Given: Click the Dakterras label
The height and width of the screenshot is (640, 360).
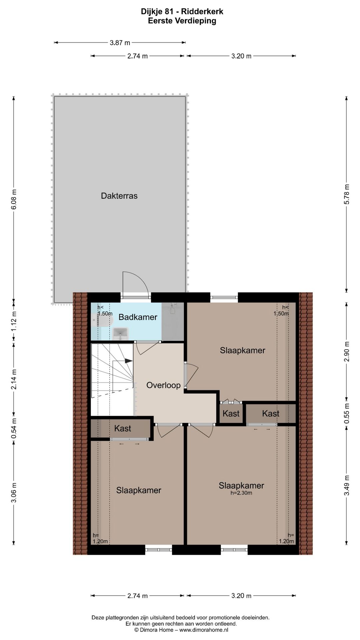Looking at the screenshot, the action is [x=119, y=196].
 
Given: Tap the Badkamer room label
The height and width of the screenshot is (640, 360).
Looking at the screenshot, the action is [x=138, y=317].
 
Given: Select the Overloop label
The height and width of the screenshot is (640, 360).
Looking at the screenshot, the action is [x=163, y=385].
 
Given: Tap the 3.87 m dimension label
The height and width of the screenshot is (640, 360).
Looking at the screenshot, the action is [x=120, y=43].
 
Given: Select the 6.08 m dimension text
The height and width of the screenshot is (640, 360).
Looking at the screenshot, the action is [x=14, y=199].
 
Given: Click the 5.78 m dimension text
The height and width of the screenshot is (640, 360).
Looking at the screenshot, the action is [x=347, y=194].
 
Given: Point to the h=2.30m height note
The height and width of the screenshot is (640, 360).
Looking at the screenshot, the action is [x=241, y=493].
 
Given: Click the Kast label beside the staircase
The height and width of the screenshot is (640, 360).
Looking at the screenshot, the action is [x=122, y=428].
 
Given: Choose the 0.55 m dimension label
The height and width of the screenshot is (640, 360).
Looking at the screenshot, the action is [x=347, y=413].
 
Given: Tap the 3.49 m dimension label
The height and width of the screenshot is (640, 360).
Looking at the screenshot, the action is [x=347, y=485].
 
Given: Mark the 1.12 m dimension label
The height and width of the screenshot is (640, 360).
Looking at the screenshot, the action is [x=14, y=321].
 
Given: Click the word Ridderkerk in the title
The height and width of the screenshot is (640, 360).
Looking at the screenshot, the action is [x=203, y=12].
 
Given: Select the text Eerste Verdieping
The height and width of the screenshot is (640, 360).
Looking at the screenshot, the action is [x=182, y=21].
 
